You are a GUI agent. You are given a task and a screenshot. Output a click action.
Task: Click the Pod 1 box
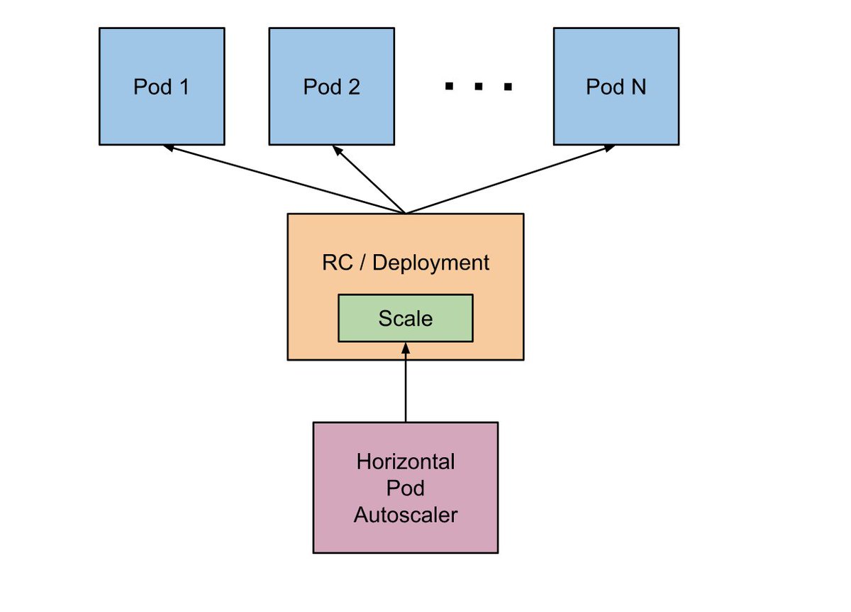[x=162, y=87]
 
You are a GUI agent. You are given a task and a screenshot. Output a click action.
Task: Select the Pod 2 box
[x=331, y=87]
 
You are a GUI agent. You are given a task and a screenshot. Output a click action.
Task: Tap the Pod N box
[x=616, y=87]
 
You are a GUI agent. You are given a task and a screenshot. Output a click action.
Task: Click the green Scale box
[x=405, y=319]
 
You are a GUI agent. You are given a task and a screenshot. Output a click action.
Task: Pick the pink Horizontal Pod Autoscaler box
[x=405, y=487]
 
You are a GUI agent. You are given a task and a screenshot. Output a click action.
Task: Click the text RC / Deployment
[x=405, y=263]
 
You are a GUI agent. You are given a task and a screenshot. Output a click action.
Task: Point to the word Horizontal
[x=405, y=462]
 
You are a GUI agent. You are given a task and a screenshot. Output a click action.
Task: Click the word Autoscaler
[x=405, y=514]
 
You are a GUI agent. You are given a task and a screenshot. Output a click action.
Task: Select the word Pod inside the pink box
[x=405, y=488]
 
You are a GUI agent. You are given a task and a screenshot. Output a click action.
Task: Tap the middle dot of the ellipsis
[x=478, y=87]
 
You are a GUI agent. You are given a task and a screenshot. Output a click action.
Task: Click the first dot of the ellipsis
[x=449, y=87]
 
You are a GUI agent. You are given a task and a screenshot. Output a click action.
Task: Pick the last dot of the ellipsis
[x=507, y=87]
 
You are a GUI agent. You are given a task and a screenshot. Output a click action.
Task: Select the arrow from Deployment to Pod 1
[x=284, y=180]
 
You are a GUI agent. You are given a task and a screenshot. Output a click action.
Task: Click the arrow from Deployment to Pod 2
[x=369, y=180]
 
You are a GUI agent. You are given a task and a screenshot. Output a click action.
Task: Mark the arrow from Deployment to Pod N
[x=511, y=180]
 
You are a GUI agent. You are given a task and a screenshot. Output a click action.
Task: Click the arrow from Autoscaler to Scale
[x=405, y=383]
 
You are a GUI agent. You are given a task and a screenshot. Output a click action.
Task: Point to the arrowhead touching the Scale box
[x=405, y=347]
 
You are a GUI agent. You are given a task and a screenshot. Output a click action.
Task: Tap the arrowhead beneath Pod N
[x=611, y=148]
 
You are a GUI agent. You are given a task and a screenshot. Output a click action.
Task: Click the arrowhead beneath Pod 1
[x=167, y=148]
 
